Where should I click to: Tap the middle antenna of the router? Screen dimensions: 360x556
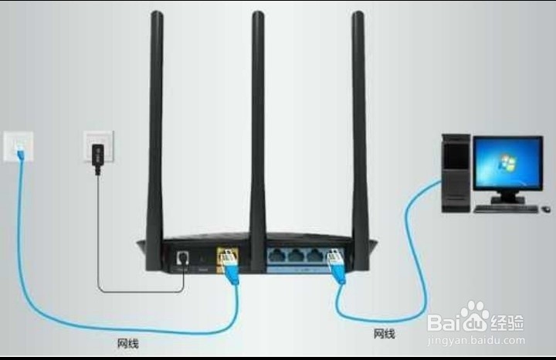[258, 116]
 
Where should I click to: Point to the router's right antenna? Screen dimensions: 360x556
[359, 116]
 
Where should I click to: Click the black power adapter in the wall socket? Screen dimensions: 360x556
[97, 152]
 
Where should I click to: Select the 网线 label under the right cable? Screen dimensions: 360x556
[384, 334]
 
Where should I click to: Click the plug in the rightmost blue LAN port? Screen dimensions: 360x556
[334, 259]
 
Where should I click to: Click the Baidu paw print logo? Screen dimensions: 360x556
[474, 316]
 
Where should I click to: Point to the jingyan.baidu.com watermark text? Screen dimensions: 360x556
[476, 340]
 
